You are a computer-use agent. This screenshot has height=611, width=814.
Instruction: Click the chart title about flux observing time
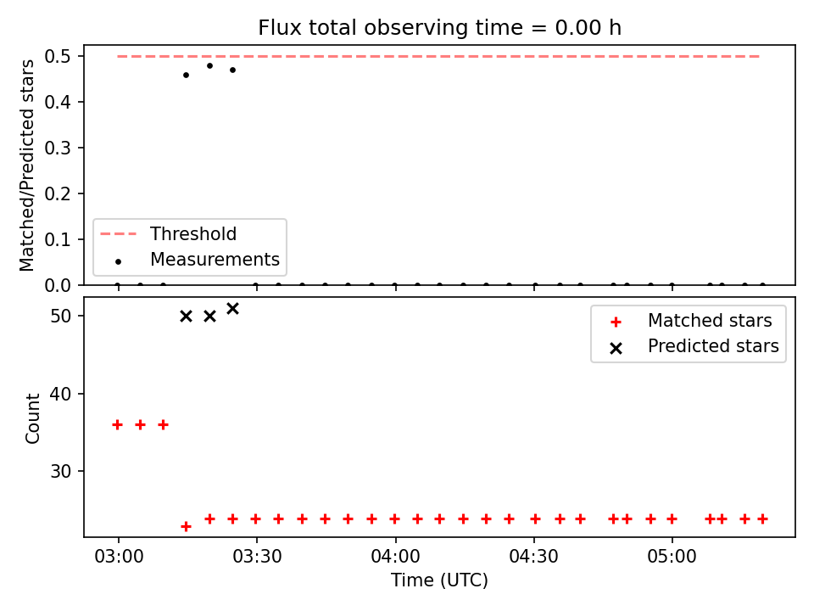coord(440,27)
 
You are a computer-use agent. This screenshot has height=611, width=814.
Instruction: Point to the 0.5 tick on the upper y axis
coord(58,56)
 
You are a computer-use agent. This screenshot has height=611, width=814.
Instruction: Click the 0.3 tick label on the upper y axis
coord(58,148)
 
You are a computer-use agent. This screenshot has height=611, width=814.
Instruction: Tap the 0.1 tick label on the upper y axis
coord(58,239)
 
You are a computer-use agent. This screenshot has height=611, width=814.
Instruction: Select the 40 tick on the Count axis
coord(60,394)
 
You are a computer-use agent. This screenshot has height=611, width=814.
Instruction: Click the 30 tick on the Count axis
coord(60,471)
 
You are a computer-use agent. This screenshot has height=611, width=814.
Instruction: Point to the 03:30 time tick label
coord(257,557)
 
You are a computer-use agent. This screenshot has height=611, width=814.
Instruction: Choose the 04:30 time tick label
coord(533,557)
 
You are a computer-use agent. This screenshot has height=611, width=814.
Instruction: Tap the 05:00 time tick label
coord(672,557)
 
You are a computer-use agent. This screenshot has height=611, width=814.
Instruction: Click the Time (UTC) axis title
coord(440,580)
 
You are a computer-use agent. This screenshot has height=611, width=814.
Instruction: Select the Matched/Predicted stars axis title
coord(26,165)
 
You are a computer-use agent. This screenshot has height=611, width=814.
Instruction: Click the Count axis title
coord(32,418)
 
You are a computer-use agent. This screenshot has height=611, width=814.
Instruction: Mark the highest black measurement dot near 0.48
coord(209,66)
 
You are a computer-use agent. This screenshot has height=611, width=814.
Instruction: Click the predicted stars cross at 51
coord(232,309)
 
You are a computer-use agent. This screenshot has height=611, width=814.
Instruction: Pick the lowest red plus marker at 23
coord(186,527)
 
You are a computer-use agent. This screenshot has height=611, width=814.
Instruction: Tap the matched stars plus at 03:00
coord(117,425)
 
